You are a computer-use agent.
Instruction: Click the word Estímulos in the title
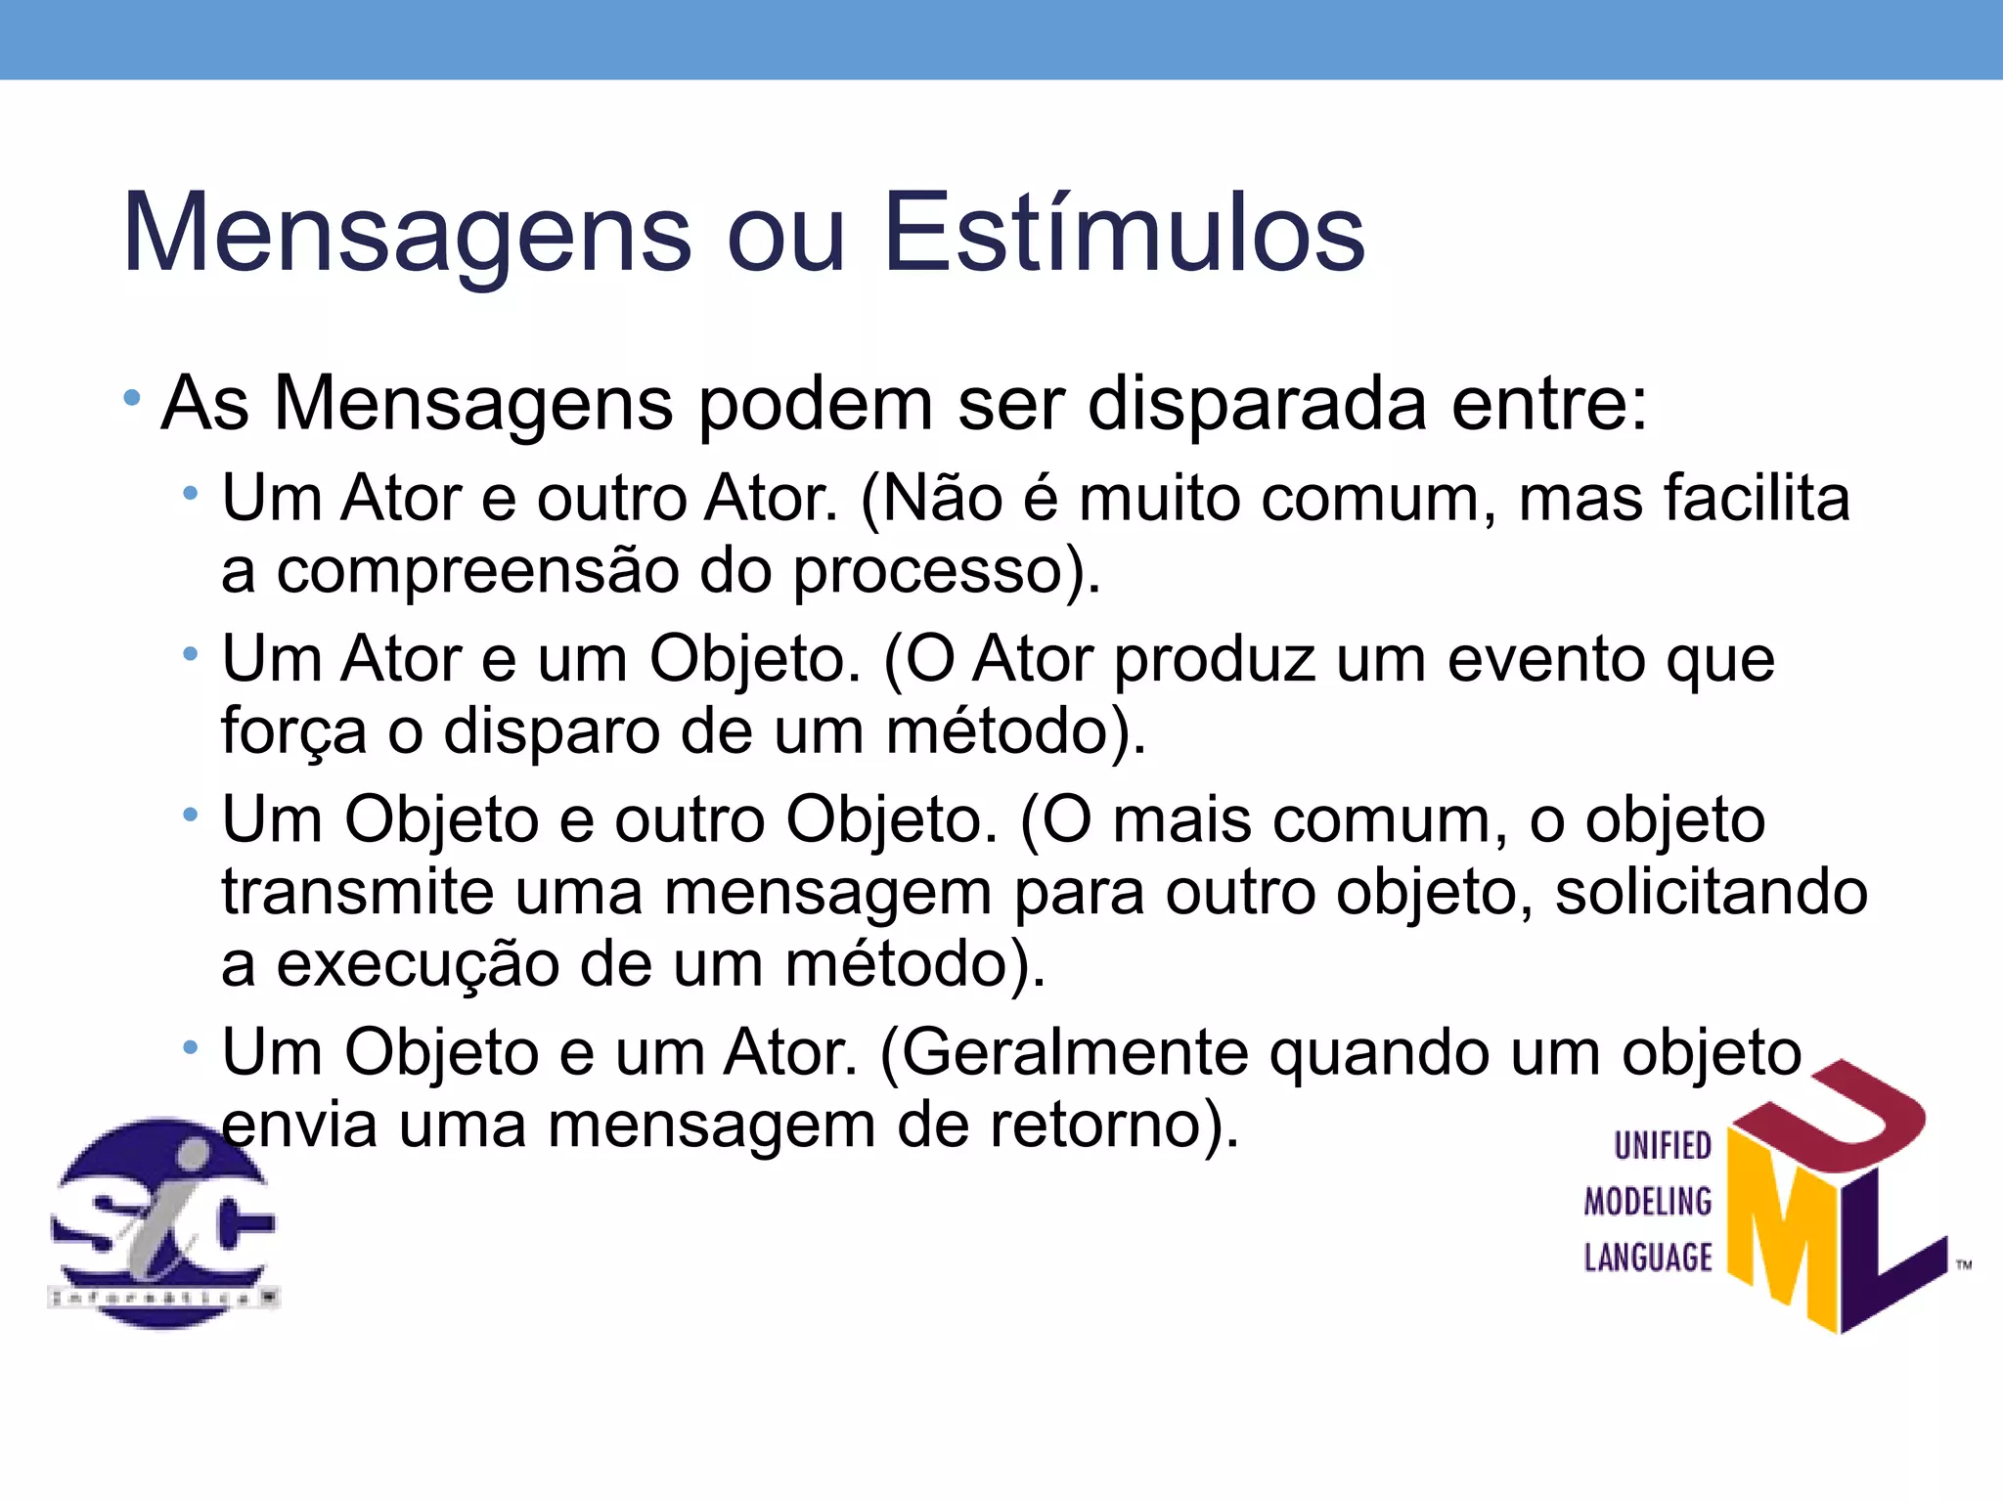tap(1124, 234)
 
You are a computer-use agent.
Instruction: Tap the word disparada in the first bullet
tap(1257, 403)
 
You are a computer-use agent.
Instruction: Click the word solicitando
tap(1712, 892)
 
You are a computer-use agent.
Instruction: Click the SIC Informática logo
tap(163, 1223)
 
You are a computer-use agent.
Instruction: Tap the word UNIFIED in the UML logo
tap(1662, 1146)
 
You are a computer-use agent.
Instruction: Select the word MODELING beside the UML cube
tap(1648, 1202)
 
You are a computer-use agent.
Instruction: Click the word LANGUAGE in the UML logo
tap(1648, 1258)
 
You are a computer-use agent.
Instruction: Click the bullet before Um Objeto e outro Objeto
tap(191, 814)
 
